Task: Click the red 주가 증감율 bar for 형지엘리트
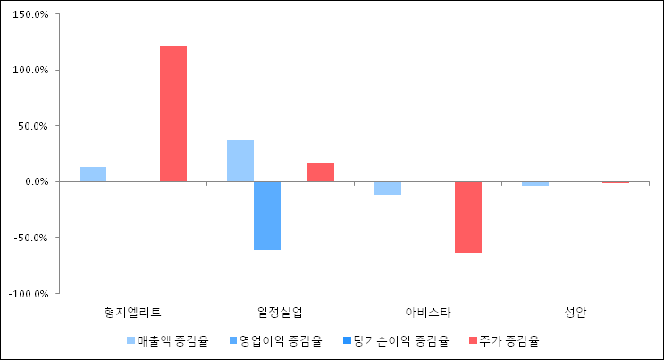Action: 173,113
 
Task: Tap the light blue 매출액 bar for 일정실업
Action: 240,161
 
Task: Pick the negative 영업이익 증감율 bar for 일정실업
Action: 267,215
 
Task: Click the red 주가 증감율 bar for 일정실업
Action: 321,172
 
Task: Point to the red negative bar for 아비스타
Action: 468,217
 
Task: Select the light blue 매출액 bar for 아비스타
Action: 388,188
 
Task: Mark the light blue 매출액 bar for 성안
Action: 535,183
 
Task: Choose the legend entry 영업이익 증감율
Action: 273,340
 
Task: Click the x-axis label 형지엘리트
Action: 133,312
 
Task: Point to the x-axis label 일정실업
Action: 280,312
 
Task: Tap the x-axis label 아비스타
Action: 428,312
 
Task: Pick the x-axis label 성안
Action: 576,312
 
